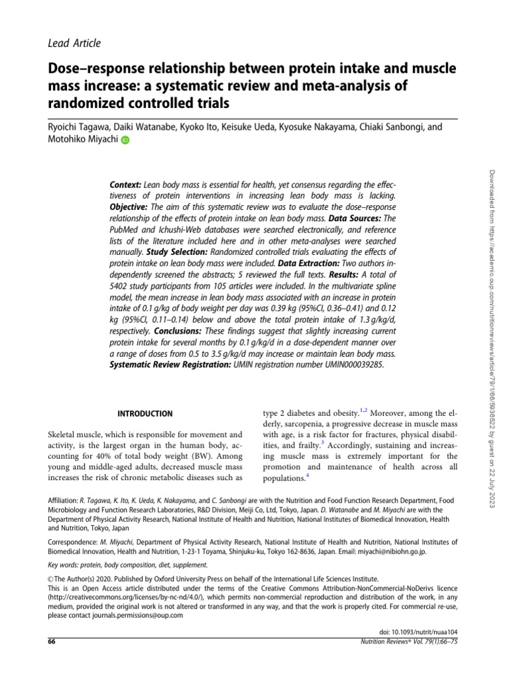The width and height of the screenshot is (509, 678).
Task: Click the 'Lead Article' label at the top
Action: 74,44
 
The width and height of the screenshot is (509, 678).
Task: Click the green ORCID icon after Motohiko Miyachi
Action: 125,140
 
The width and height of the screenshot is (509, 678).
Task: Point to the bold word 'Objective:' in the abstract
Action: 129,207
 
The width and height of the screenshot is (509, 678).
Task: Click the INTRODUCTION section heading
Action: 145,414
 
